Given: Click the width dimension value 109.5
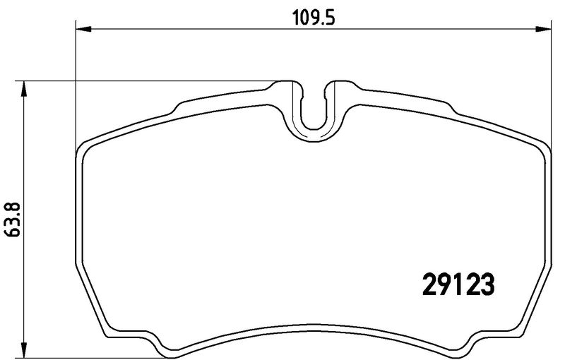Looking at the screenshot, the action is [x=313, y=18].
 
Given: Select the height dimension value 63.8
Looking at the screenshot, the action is [x=13, y=220].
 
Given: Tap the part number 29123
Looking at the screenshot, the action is [x=458, y=284].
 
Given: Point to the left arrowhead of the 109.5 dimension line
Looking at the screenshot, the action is [x=84, y=29].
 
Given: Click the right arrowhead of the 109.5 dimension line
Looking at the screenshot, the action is [x=543, y=29].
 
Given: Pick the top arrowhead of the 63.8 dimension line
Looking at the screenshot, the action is [x=23, y=88].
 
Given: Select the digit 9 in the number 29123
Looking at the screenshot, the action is [x=444, y=284].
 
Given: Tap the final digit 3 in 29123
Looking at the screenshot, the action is [x=487, y=284].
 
